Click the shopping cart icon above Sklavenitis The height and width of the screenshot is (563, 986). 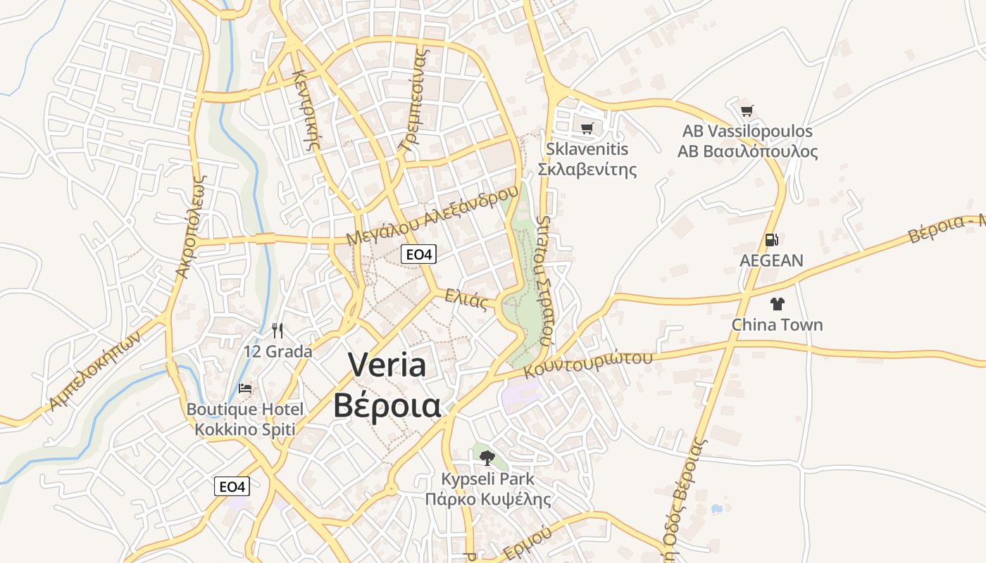point(587,128)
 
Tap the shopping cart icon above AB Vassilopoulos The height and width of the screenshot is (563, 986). point(747,110)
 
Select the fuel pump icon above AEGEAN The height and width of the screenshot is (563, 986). point(771,240)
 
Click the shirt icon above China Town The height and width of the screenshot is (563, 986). point(777,304)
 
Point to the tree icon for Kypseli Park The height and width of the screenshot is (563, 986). point(487,458)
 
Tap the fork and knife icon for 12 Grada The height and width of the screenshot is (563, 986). point(277,330)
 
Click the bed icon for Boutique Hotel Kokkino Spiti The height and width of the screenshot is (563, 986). point(245,388)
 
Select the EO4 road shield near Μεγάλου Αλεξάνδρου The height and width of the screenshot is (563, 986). point(418,254)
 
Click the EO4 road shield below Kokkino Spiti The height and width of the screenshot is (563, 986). point(232,486)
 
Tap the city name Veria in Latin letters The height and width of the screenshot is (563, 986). point(387,365)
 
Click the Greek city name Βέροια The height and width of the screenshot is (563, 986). point(387,405)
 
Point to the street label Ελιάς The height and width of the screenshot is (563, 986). point(466,300)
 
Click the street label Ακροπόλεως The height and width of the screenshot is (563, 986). point(192,227)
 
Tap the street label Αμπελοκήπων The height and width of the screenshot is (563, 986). point(95,370)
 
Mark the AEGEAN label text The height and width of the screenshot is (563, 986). point(771,260)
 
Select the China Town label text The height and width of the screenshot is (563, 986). point(777,324)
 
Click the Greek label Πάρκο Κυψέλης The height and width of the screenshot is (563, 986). point(487,499)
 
